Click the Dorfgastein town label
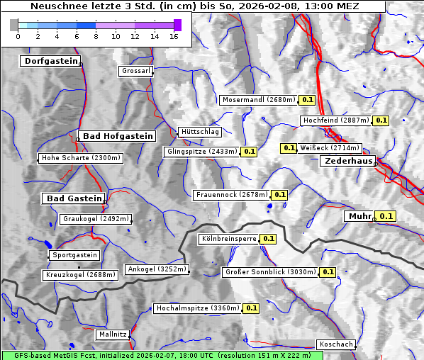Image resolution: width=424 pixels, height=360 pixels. coord(50,62)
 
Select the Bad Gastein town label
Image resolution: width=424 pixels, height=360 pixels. coord(74,198)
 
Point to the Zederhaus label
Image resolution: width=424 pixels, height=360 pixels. coord(348,162)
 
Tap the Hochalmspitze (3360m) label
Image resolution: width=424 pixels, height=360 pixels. coord(198,308)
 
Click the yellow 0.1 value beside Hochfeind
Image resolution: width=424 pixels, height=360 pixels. coord(381,120)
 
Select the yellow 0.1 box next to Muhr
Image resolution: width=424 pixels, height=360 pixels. coord(386,216)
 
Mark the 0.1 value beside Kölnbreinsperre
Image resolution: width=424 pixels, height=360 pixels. coord(268,239)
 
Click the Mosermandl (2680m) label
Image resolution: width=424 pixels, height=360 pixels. coord(258,100)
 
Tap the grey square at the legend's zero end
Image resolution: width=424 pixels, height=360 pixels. coord(14,25)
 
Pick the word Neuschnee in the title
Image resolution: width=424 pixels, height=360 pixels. coord(54,6)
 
